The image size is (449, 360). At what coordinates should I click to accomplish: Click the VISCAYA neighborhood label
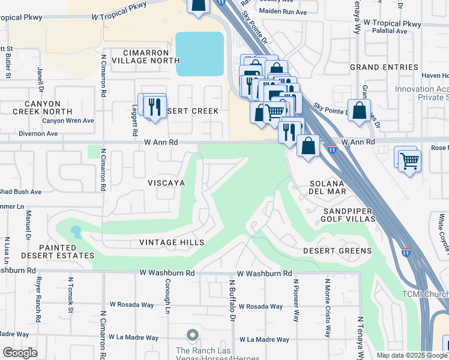coord(166,182)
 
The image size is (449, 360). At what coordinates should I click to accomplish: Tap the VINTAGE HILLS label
coord(172,242)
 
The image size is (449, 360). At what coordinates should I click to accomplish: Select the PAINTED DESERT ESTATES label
coord(58,251)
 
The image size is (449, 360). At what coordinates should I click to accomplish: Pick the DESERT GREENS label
coord(337,251)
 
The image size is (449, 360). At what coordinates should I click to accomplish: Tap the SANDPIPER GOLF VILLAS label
coord(349,215)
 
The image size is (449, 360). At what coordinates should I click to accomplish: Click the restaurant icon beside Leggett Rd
coord(155,107)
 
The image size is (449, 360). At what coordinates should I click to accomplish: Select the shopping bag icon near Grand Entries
coord(359,111)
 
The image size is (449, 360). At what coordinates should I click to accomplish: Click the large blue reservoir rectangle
coord(199,54)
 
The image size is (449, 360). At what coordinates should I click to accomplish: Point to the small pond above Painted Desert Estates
coord(76,230)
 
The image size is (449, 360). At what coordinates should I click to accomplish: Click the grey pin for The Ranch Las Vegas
coord(192,334)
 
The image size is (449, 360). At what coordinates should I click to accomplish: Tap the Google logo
coord(19,353)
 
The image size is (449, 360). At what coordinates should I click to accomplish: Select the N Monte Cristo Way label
coord(327,308)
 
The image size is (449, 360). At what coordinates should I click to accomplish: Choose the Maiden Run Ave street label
coord(282,11)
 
